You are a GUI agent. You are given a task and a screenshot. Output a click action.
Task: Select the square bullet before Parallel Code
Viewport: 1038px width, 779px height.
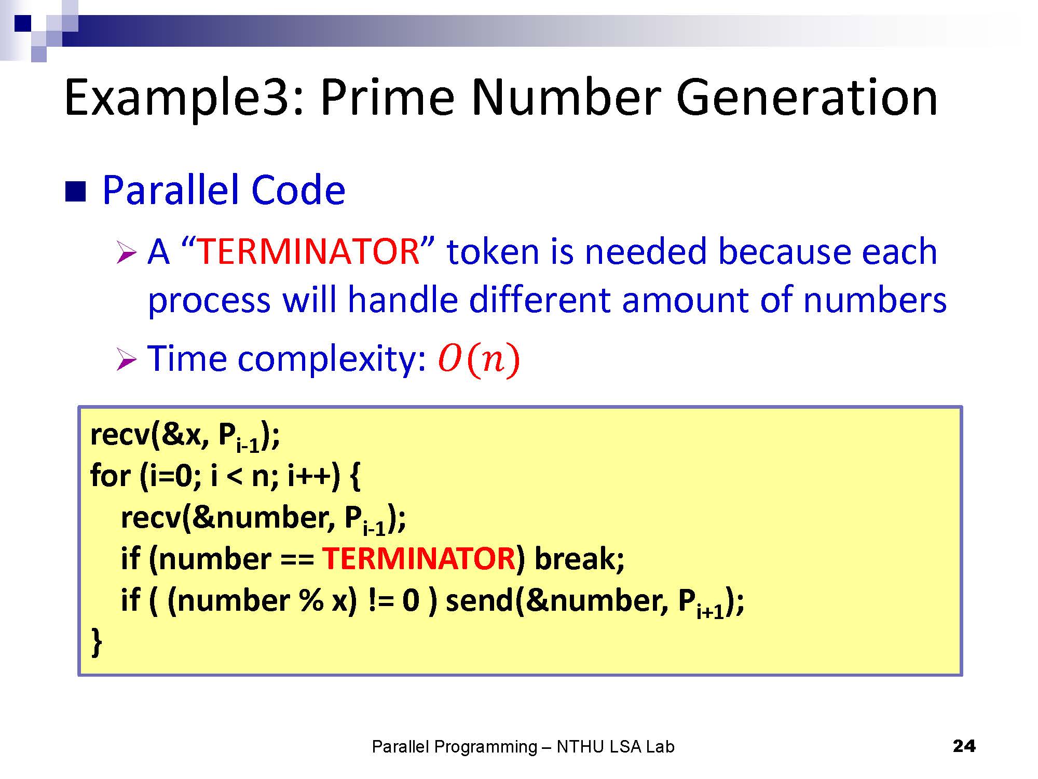pos(75,192)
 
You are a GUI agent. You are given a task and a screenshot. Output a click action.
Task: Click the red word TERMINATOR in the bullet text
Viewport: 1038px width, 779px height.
pos(309,251)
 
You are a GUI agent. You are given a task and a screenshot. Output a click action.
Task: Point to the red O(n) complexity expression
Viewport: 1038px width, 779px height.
pos(479,359)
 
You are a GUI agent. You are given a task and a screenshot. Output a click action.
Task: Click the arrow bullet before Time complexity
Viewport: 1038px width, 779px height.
pos(126,359)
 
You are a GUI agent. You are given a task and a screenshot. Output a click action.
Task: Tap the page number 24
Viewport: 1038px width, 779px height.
pos(964,746)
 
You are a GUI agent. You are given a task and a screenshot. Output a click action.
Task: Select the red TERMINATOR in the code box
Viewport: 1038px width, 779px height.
pos(418,559)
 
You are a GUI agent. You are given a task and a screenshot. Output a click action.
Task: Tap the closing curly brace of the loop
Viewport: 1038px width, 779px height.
pos(97,642)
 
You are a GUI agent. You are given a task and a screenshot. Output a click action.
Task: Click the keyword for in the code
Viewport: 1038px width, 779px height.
pos(110,475)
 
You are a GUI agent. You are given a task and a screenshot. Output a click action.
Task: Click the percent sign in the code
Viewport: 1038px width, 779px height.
pos(311,601)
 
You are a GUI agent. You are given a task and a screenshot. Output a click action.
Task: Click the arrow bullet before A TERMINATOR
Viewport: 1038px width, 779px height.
pos(126,253)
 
